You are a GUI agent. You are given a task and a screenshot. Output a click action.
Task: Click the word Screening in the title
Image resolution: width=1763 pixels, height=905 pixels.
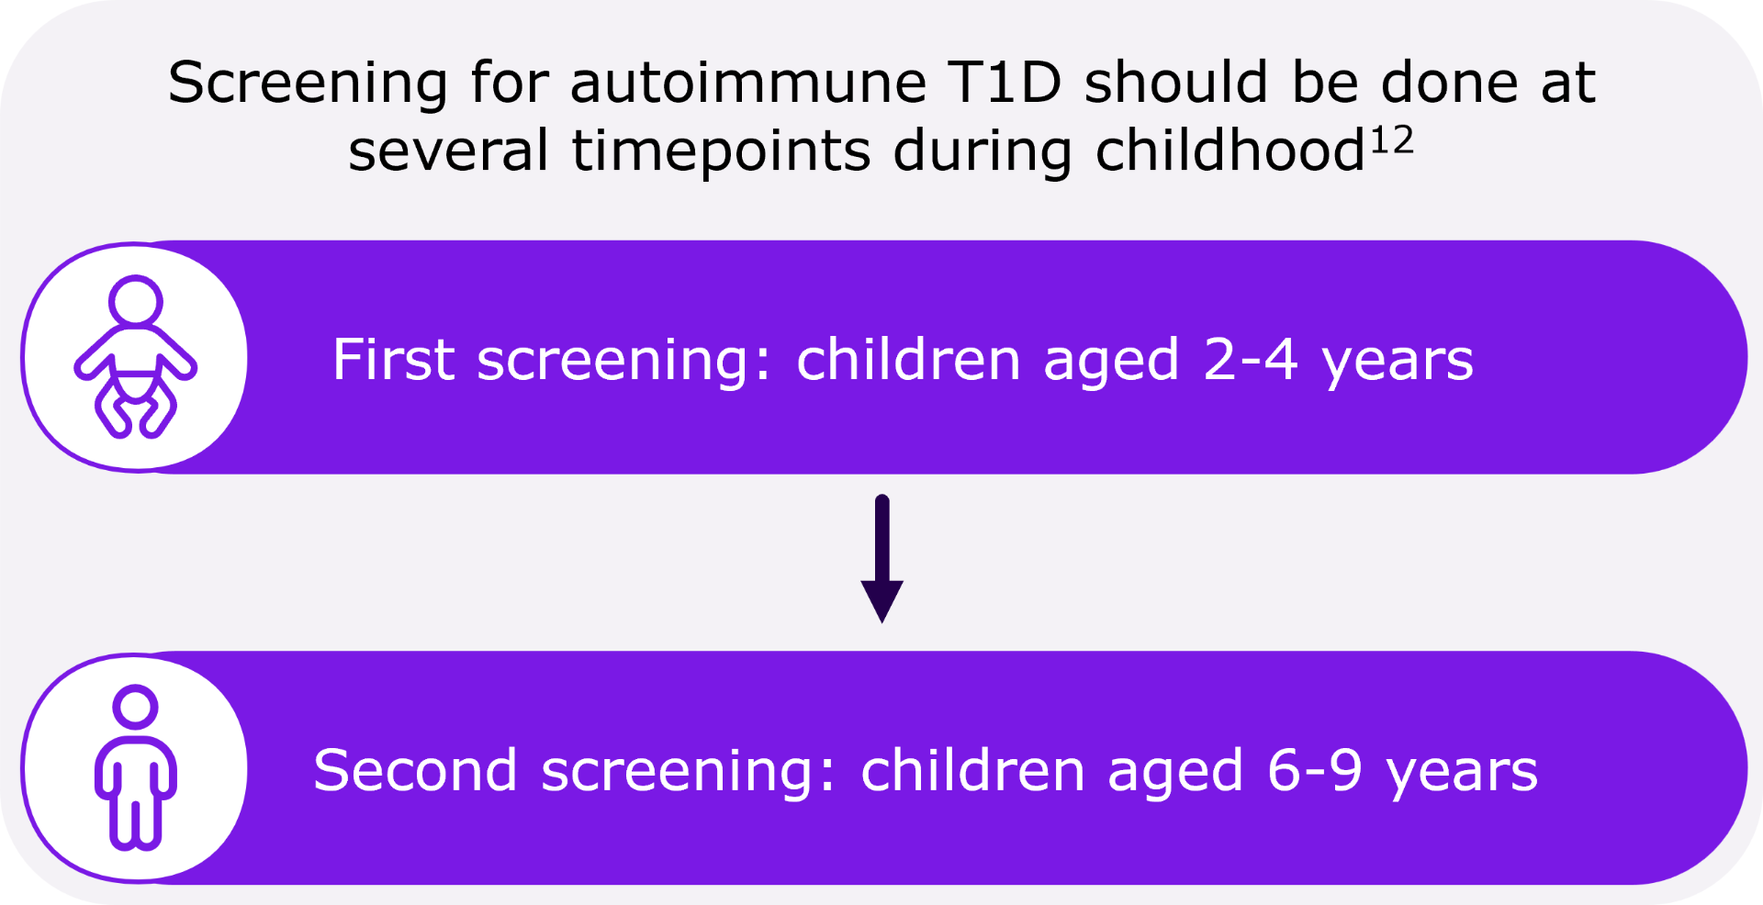pos(308,84)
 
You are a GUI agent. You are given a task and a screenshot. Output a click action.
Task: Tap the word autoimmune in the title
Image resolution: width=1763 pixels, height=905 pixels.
pos(747,84)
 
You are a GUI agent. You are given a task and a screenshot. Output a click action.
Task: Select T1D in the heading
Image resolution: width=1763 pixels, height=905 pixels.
pos(1005,84)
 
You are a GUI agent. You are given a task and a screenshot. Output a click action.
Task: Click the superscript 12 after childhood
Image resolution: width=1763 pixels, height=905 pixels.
pos(1392,141)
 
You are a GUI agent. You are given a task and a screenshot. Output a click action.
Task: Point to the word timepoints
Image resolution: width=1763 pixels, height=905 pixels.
pos(721,151)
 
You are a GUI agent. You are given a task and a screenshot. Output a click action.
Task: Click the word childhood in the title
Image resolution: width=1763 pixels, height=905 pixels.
pos(1230,151)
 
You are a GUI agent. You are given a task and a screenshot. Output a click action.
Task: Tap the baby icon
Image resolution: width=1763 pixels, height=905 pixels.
pos(136,357)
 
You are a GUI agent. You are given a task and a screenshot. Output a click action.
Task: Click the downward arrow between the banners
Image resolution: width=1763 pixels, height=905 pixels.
pos(882,560)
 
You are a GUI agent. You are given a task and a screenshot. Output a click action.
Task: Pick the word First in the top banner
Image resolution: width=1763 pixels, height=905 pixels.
pos(393,359)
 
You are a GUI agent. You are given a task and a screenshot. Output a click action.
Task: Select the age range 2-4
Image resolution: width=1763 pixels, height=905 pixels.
pos(1250,359)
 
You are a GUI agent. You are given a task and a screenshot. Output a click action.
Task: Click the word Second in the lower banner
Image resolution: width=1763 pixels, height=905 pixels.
pos(415,770)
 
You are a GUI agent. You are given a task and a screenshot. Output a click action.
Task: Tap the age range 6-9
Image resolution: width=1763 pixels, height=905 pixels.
pos(1314,770)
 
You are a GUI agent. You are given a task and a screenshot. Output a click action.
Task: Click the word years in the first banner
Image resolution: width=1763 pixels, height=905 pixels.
pos(1398,361)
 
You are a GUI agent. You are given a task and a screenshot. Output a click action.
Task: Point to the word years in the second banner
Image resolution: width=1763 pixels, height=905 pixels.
pos(1462,772)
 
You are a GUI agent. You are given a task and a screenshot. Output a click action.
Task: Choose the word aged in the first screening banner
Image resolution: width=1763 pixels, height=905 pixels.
pos(1110,361)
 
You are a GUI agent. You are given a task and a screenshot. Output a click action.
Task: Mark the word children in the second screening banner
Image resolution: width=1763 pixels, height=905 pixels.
pos(972,770)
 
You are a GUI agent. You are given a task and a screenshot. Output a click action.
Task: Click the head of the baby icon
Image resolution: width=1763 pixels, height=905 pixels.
pos(136,301)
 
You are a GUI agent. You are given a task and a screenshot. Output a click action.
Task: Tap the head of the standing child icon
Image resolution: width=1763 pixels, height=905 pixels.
pos(136,708)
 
